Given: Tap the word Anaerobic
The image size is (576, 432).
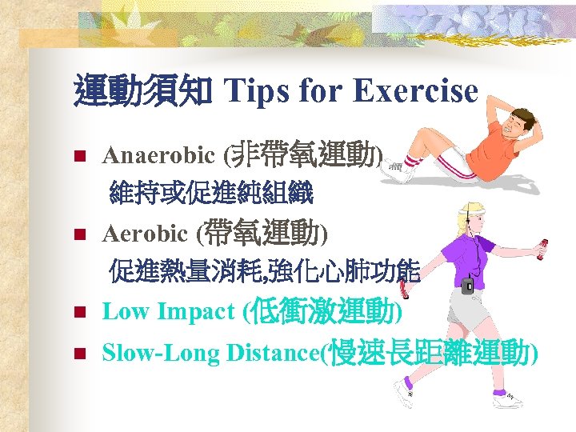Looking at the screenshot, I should tap(158, 154).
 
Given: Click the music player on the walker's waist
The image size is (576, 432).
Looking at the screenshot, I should tap(468, 284).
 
